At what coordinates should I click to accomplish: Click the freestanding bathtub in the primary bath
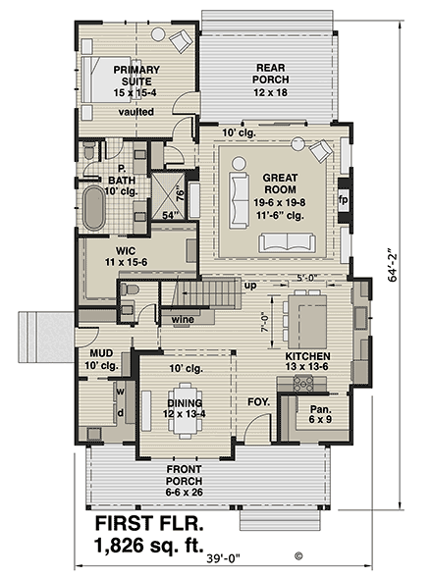(93, 208)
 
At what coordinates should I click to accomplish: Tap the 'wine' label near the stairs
(181, 320)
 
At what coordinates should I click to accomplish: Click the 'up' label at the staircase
(250, 286)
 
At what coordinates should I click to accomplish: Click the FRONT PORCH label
(185, 482)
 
